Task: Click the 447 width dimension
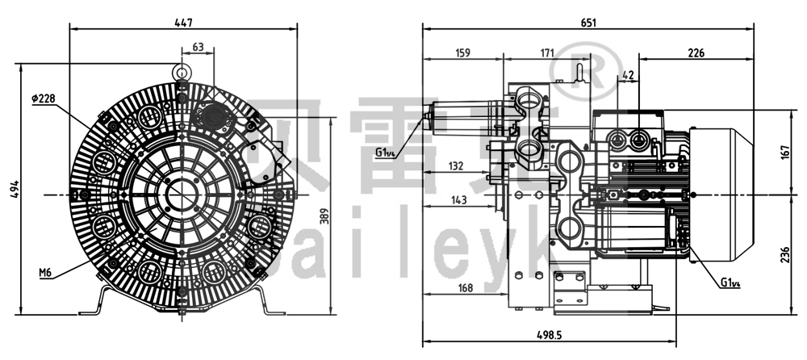point(183,23)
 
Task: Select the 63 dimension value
point(198,48)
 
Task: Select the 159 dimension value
point(463,53)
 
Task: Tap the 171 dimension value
point(546,53)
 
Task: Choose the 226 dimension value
point(696,53)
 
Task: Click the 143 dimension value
point(459,199)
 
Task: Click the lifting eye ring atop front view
point(183,71)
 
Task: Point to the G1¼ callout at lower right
point(731,283)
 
